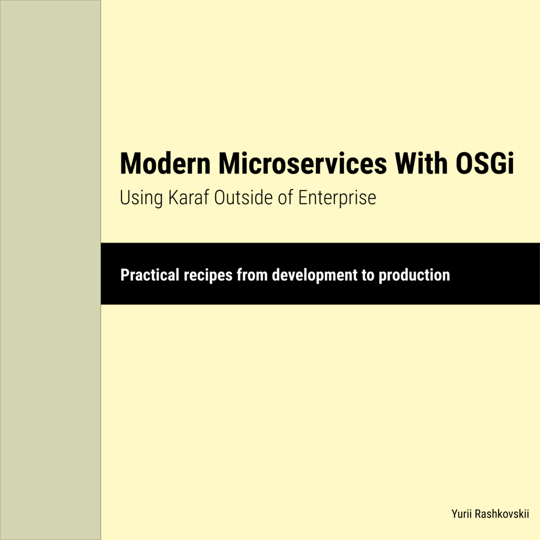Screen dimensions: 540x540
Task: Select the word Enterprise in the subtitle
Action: [337, 198]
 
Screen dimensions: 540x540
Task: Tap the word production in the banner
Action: [414, 276]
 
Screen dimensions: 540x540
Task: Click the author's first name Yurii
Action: [463, 514]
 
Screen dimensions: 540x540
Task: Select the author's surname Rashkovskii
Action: [502, 514]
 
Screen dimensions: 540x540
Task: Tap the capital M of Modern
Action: [131, 163]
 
